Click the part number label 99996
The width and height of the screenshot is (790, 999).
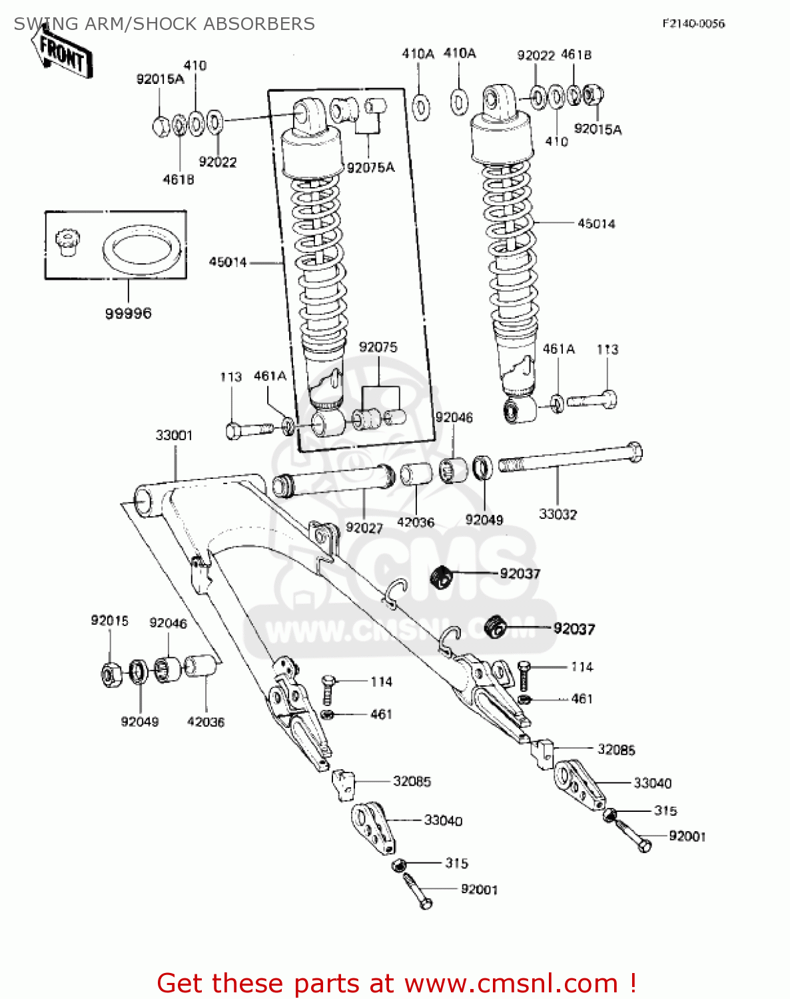point(128,313)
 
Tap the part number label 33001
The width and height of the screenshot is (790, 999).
point(174,436)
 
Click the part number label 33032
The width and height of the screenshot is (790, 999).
point(558,514)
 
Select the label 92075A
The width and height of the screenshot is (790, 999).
point(370,168)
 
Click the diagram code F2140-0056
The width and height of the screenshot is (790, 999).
point(693,23)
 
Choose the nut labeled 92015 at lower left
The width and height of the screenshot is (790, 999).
point(111,675)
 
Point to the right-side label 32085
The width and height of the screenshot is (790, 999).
point(616,750)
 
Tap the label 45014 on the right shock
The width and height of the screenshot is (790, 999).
point(596,224)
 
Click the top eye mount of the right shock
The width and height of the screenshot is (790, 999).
point(495,101)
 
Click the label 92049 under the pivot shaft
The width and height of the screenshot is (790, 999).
point(484,520)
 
